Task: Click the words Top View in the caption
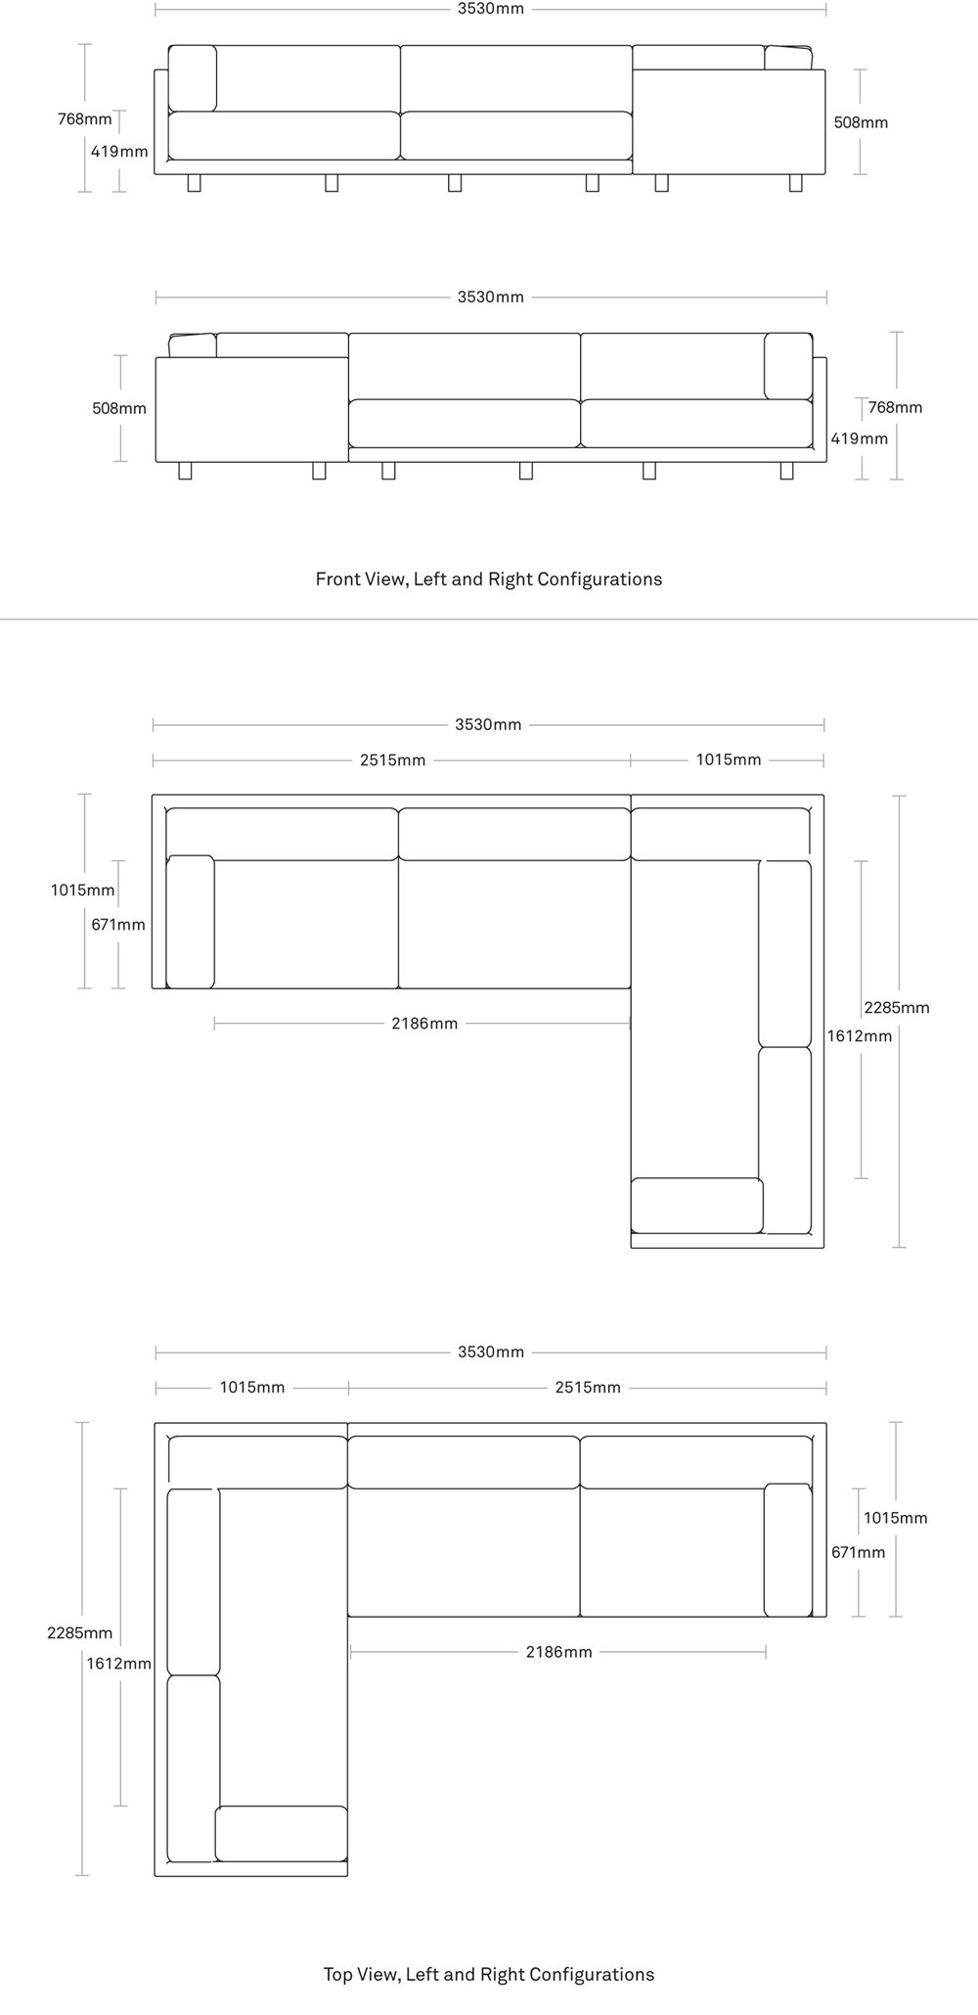tap(360, 1974)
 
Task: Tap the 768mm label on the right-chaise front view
tap(84, 119)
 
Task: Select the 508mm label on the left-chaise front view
tap(119, 408)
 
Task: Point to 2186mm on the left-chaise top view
tap(558, 1652)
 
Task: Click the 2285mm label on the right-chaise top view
tap(897, 1007)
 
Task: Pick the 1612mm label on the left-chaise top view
tap(118, 1664)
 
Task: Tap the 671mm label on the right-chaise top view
tap(118, 925)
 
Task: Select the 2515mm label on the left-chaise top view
tap(588, 1388)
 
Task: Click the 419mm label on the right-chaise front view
tap(119, 152)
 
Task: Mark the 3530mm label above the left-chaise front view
tap(491, 297)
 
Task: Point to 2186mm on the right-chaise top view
tap(424, 1024)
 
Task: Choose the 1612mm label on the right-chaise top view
tap(860, 1035)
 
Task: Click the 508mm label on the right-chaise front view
tap(861, 122)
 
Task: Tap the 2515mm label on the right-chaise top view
tap(392, 760)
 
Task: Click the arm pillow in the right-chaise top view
tap(191, 922)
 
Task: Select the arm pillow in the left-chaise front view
tap(788, 366)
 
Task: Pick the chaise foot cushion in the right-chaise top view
tap(696, 1206)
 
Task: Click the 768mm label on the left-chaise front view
tap(895, 407)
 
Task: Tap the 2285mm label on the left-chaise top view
tap(80, 1633)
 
